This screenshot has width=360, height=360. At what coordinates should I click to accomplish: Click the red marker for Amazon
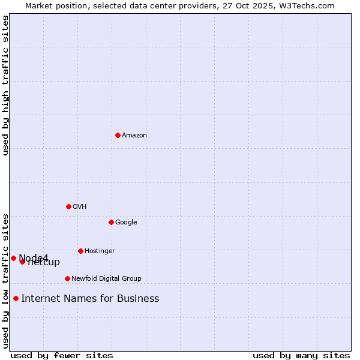point(118,135)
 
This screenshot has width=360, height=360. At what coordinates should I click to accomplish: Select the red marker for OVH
point(68,206)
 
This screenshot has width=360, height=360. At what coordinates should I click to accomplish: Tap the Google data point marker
point(111,222)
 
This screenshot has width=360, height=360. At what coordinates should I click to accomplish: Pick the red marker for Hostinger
point(80,251)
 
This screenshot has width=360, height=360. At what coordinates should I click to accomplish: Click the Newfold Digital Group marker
point(67,278)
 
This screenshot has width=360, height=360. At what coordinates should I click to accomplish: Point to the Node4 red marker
point(13,258)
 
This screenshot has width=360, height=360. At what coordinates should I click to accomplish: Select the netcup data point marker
point(22,262)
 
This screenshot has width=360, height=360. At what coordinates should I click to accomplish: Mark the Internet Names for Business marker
point(16,298)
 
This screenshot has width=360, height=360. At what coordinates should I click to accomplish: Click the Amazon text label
point(134,135)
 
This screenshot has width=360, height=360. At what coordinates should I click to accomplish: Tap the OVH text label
point(80,206)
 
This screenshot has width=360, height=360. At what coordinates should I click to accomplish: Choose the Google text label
point(126,222)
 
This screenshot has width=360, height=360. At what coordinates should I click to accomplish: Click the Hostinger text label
point(100,251)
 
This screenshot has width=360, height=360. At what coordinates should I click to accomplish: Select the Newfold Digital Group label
point(106,278)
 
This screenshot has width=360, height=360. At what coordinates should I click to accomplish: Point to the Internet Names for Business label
point(90,298)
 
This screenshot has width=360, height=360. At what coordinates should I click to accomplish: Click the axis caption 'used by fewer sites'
point(62,355)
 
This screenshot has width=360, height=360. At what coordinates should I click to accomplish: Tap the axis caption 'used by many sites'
point(301,355)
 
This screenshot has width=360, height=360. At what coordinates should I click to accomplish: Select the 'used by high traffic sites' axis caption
point(5,85)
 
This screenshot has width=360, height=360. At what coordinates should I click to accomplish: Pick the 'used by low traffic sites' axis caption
point(5,280)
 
